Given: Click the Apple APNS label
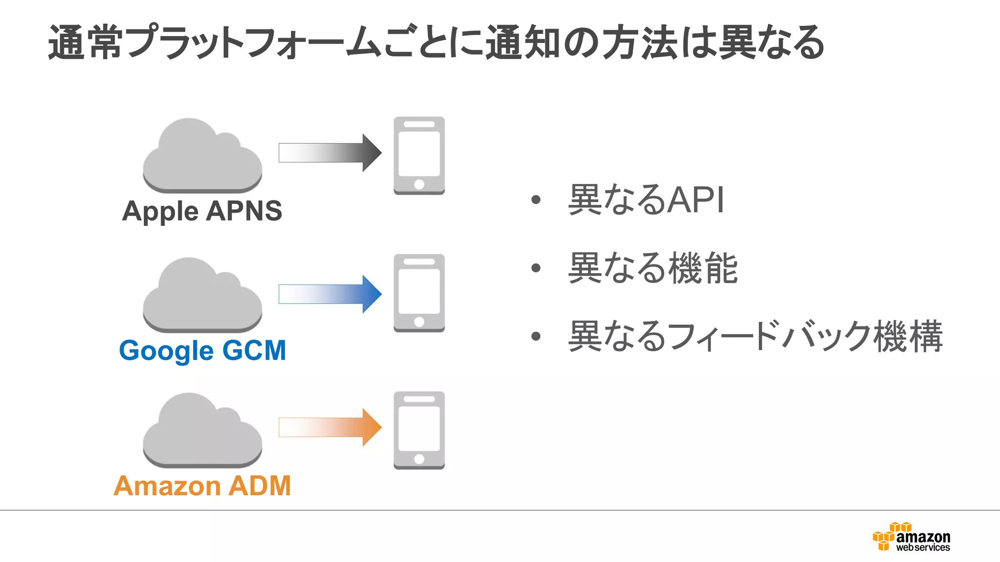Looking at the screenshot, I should click(202, 211).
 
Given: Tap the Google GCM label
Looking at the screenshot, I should click(202, 350).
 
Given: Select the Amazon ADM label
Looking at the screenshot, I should click(202, 486).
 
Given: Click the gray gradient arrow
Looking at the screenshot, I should click(330, 153).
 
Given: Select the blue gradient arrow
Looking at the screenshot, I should click(330, 294).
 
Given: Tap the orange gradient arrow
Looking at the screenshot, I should click(330, 427).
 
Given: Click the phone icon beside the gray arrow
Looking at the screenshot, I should click(419, 155).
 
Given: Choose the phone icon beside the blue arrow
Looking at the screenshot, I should click(419, 293).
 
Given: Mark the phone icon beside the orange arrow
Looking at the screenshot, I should click(419, 430).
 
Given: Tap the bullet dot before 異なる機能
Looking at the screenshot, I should click(536, 268).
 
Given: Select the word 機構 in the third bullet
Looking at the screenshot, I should click(908, 336).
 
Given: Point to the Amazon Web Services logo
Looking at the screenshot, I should click(911, 537).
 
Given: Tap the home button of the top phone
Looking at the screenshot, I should click(419, 184).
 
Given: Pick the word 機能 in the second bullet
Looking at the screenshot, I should click(703, 268).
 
